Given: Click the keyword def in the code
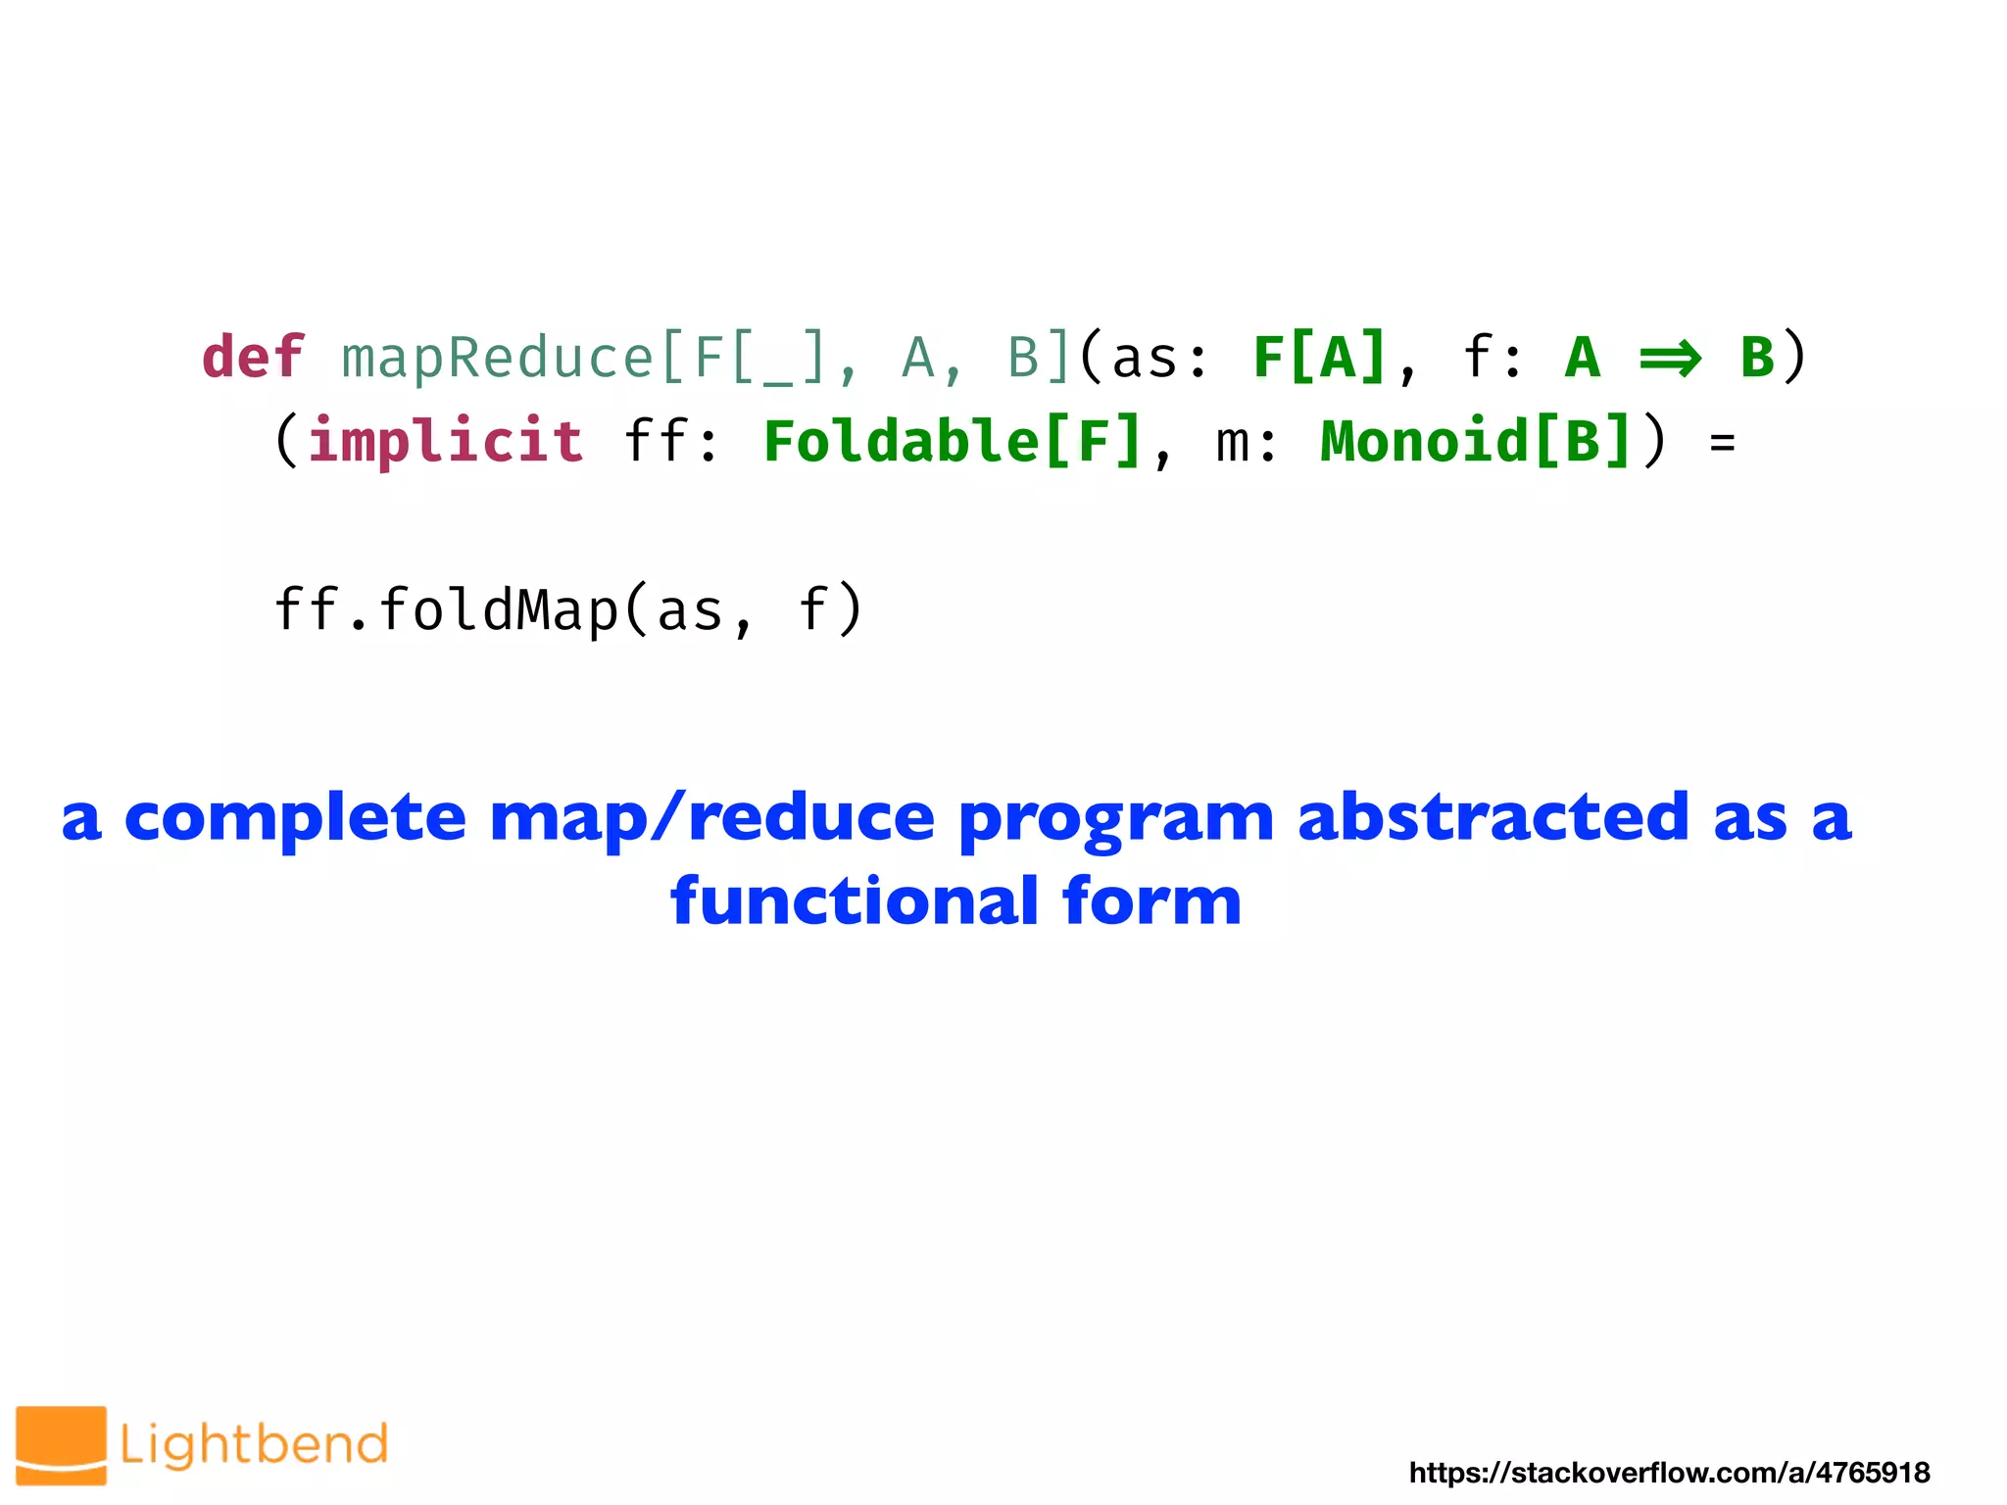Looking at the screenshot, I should (253, 357).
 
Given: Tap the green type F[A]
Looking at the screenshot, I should (1320, 357).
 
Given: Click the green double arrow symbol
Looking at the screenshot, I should (1670, 359).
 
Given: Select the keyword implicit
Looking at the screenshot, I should (446, 441).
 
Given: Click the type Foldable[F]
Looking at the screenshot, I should (953, 441).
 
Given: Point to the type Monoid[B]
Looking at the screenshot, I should (1476, 441).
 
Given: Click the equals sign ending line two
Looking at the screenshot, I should (1722, 444).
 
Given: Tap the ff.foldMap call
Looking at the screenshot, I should (568, 610).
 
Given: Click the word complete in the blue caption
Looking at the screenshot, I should (295, 818).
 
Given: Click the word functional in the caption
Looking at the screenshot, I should (854, 901).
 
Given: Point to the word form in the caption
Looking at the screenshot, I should (1151, 901).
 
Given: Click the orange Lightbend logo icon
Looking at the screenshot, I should (61, 1444).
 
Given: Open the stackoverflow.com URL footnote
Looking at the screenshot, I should (1669, 1473).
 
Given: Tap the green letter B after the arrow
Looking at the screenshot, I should (1757, 357).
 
